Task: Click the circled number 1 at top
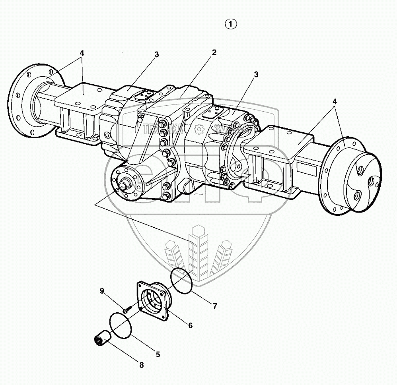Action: tap(231, 24)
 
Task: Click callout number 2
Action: tap(214, 53)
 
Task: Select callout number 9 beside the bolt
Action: tap(102, 291)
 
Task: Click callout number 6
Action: tap(190, 325)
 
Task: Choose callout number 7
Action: tap(214, 306)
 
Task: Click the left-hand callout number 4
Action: tap(82, 53)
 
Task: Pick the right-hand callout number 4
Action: tap(335, 101)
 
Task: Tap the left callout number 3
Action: tap(157, 54)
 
